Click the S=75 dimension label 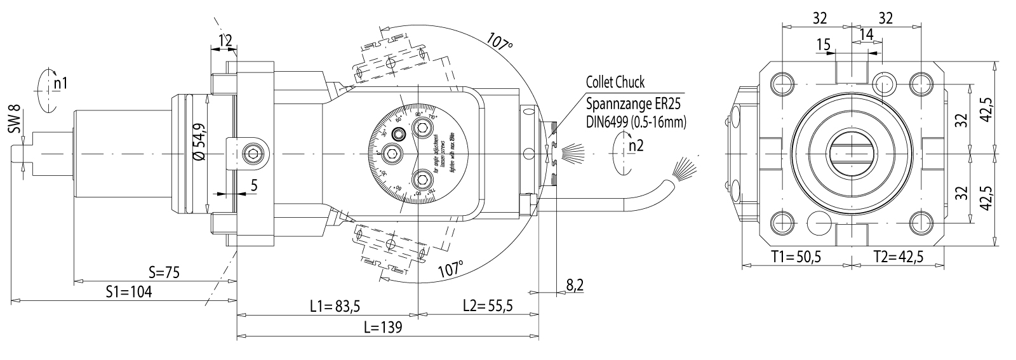(x=164, y=272)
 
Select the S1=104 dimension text (x=130, y=291)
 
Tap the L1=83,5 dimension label (x=335, y=306)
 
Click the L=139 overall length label (x=383, y=328)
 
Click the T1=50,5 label (x=796, y=257)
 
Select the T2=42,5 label (x=898, y=257)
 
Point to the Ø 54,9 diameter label (x=197, y=141)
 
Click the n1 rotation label (x=60, y=83)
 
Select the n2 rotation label (x=636, y=146)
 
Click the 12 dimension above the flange (x=224, y=41)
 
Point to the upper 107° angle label (x=500, y=42)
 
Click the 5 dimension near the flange (x=253, y=185)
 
